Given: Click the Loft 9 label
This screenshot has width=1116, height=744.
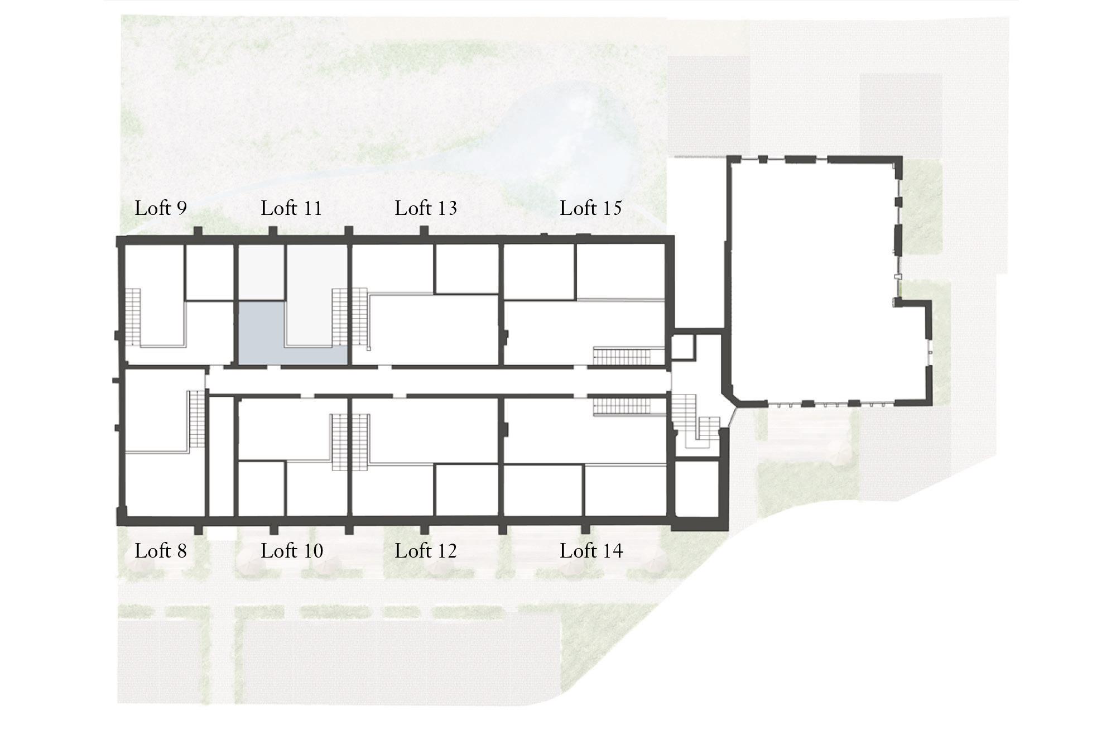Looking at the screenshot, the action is coord(161,208).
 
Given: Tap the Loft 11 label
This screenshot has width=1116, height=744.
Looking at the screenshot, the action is coord(291,208).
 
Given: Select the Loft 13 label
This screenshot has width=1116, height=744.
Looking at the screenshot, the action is coord(426,208).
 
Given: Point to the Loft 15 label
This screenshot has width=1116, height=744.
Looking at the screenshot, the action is coord(591,208).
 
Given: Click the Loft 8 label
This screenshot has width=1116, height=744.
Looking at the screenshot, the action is coord(161,551).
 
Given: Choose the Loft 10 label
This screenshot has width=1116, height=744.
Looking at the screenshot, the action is coord(292,551).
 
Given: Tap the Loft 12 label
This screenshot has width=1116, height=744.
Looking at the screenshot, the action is coord(426,551).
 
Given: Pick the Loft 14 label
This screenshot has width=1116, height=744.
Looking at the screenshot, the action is coord(591,551).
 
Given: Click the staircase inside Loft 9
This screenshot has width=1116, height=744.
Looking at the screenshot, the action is coord(132,318).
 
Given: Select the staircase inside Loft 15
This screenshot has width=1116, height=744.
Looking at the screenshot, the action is coord(622,356).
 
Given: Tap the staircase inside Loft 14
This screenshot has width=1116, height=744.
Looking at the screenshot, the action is coord(622,406).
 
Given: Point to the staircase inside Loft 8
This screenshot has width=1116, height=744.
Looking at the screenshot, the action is coord(197,419).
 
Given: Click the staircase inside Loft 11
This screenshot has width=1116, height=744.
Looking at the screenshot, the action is coord(339,317).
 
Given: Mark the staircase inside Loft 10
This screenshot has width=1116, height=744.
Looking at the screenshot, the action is coord(339,442).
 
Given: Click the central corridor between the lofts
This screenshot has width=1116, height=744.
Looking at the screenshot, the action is coord(438,381).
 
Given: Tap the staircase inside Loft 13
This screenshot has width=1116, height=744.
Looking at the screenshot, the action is coord(360,317).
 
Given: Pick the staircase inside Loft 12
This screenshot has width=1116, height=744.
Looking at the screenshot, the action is coord(360,442).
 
